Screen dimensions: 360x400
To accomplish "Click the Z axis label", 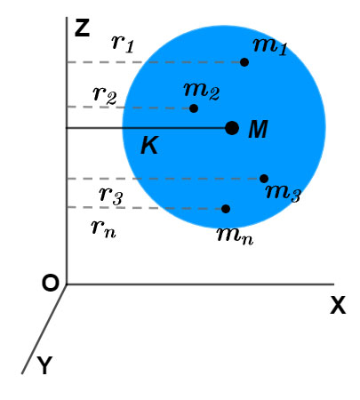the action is point(82,27).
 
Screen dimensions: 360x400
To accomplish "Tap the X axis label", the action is point(337,306).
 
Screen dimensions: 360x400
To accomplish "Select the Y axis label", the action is point(44,365).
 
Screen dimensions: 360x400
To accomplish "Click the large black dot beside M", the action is point(232,128).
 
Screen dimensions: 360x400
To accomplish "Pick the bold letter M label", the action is point(258,130).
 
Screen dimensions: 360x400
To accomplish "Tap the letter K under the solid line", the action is point(149,147).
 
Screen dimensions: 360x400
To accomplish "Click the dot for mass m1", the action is point(244,61).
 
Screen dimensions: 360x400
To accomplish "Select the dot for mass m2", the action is point(194,108).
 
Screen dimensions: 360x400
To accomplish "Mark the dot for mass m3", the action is point(264,179).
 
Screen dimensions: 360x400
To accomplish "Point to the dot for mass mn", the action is point(226,209).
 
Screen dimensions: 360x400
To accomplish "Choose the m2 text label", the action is point(202,89).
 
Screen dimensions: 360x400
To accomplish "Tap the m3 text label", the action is point(283,193).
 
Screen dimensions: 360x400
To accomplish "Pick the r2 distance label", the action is point(103,94).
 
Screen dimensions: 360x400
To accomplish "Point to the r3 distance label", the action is point(110,193).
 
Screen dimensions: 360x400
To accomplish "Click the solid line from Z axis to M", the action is point(147,128).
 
